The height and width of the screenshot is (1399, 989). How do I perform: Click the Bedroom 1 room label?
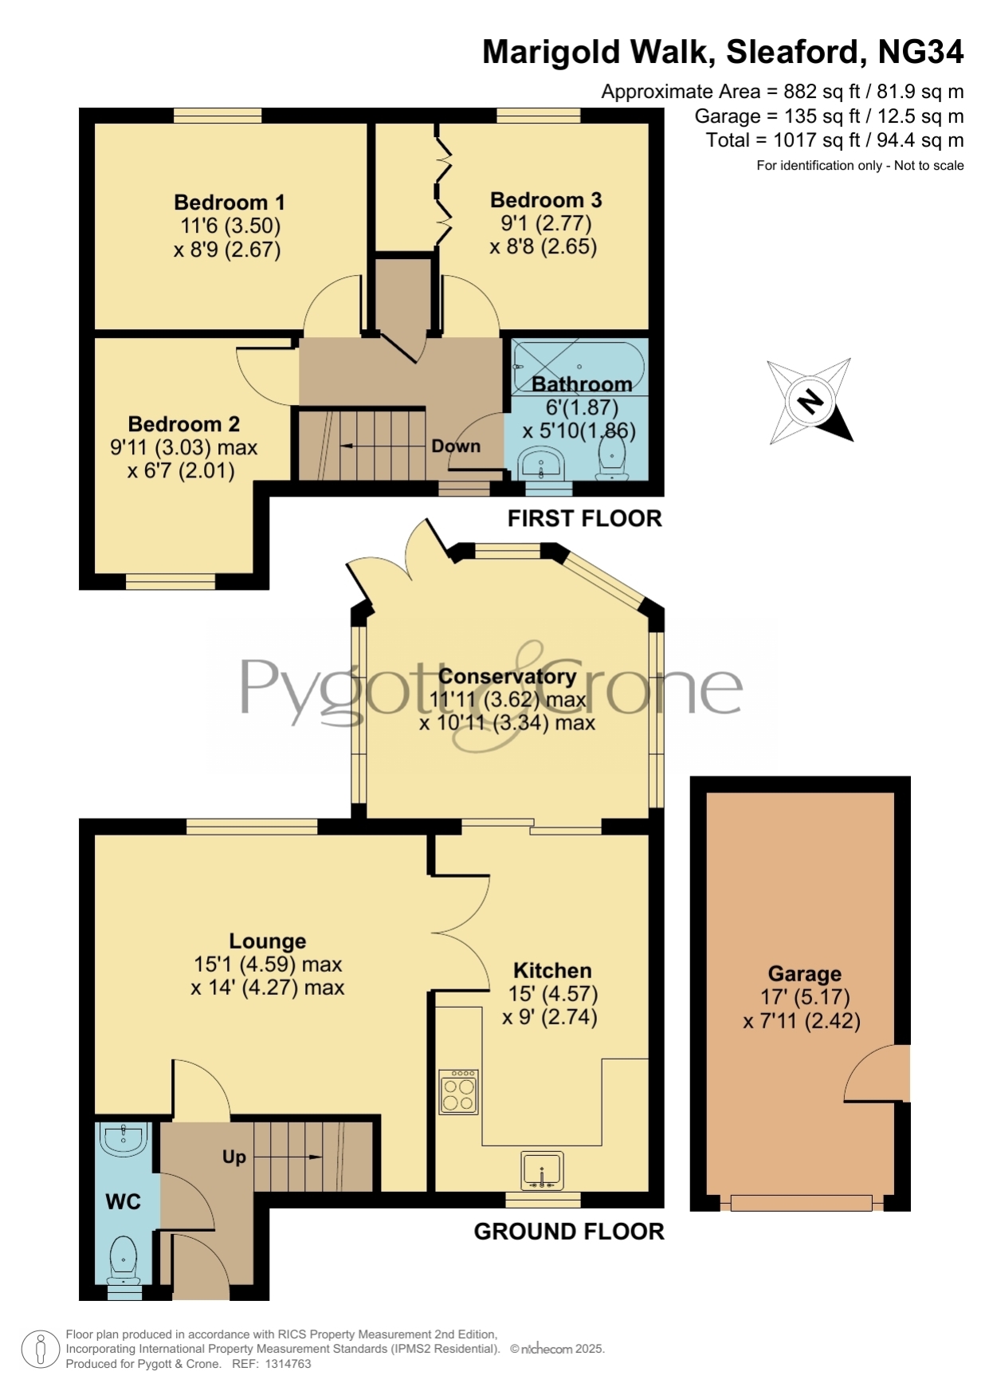point(230,202)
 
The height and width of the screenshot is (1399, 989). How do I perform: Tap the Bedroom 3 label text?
point(546,200)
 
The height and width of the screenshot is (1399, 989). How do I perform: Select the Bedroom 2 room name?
point(184,424)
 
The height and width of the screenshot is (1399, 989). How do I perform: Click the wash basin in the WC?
point(123,1138)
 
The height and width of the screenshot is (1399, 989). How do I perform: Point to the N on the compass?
point(810,400)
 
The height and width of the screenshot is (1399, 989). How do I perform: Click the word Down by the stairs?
point(456,446)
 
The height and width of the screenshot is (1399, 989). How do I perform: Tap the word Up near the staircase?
point(234,1157)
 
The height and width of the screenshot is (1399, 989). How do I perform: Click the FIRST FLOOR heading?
point(585,519)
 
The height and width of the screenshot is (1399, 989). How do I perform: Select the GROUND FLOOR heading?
point(569,1232)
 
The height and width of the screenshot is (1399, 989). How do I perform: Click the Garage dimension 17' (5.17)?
point(806,997)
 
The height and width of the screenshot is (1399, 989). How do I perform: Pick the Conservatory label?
point(507,676)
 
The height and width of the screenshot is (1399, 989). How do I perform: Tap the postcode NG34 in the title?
point(920,52)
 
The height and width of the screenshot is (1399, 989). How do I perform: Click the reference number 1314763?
point(285,1364)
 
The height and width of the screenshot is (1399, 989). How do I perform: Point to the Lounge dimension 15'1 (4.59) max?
point(268,965)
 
